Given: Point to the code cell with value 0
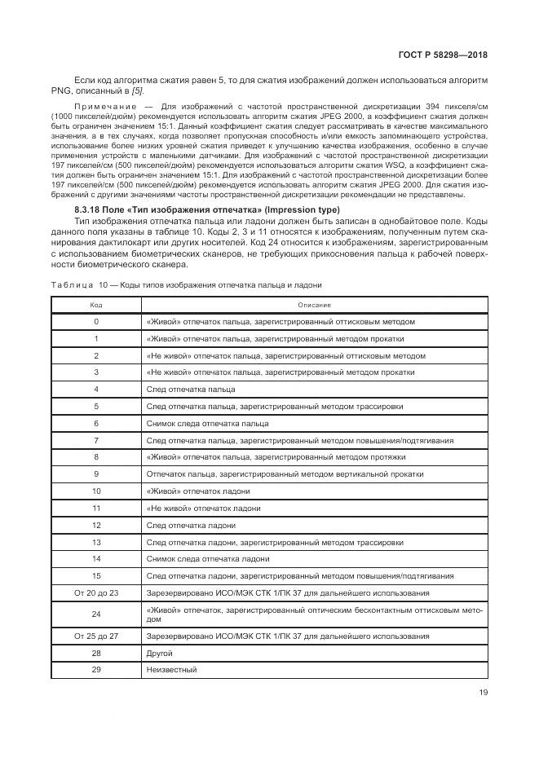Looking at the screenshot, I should pyautogui.click(x=96, y=321).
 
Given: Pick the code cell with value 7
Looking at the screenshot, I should pyautogui.click(x=96, y=440).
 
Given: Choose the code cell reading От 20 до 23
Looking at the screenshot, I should pyautogui.click(x=96, y=592).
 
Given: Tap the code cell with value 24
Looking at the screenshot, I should pyautogui.click(x=96, y=614).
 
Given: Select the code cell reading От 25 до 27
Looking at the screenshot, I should pyautogui.click(x=96, y=636).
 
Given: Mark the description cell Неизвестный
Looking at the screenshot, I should pyautogui.click(x=170, y=670).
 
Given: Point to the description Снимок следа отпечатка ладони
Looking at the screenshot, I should pyautogui.click(x=207, y=559).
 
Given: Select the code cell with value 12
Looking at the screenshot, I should pyautogui.click(x=96, y=525).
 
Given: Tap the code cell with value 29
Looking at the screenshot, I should pyautogui.click(x=96, y=670).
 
